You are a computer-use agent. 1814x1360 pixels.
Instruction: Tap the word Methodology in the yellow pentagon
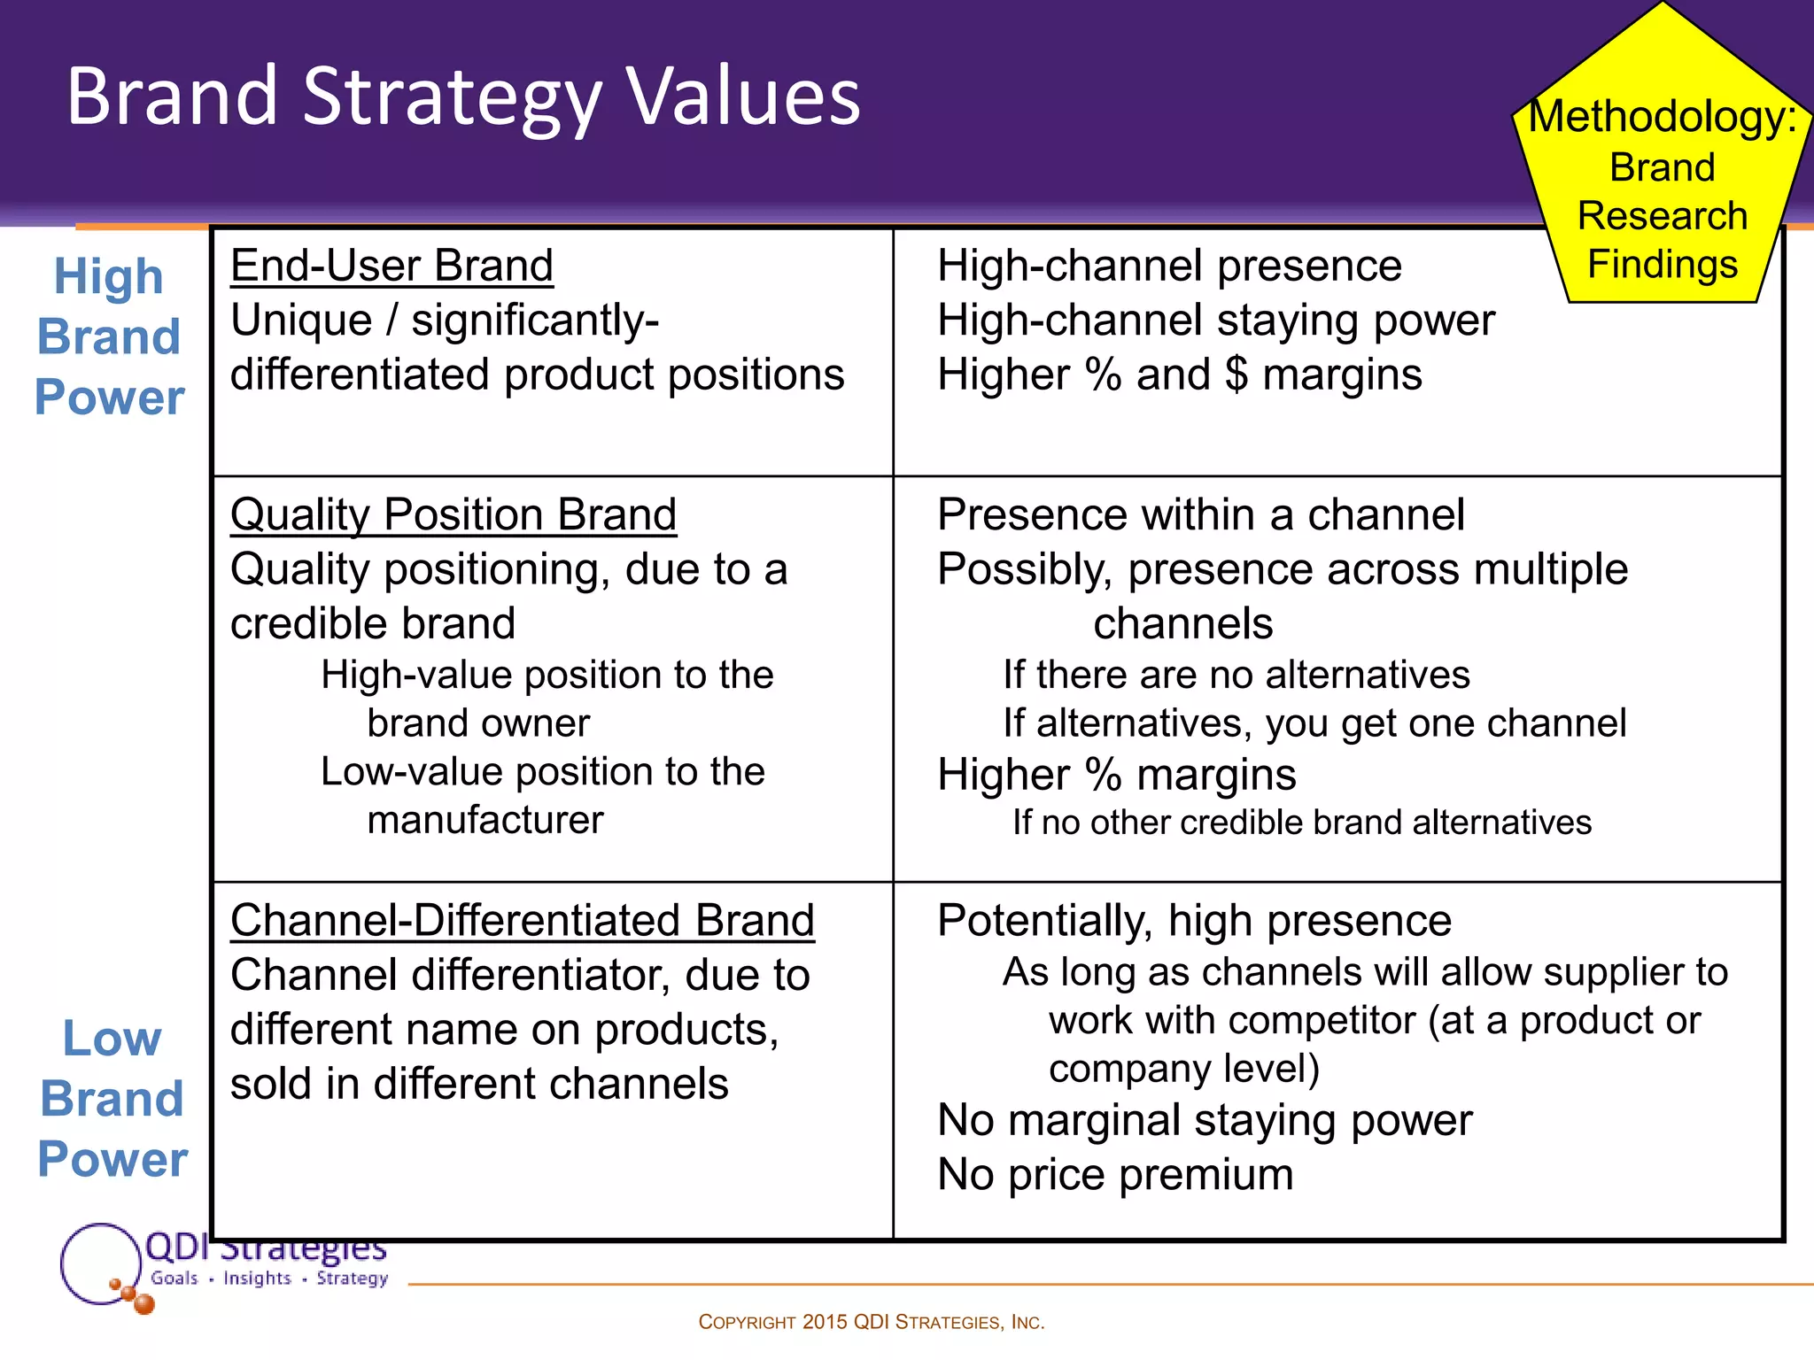pos(1662,117)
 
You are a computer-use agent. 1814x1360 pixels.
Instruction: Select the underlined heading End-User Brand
pos(391,266)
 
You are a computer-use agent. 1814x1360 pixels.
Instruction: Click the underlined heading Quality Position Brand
pos(453,514)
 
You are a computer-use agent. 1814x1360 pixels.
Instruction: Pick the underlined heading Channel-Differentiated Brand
pos(522,921)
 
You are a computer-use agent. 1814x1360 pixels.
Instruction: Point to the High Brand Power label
pos(109,336)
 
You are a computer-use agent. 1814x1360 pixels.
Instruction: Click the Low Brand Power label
pos(112,1099)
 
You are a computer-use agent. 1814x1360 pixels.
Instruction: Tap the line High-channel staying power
pos(1215,321)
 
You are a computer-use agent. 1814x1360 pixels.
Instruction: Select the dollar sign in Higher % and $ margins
pos(1236,375)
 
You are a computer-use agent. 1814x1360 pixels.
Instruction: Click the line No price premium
pos(1115,1175)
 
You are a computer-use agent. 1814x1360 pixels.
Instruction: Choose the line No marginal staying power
pos(1205,1120)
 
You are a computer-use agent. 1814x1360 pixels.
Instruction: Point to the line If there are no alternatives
pos(1236,676)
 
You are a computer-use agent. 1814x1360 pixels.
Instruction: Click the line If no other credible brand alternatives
pos(1301,823)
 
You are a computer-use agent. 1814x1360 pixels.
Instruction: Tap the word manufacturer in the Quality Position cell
pos(485,820)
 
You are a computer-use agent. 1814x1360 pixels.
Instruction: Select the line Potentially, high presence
pos(1194,921)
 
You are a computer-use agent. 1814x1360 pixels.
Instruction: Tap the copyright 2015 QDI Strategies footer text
pos(872,1323)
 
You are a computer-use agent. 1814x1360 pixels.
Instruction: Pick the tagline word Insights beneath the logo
pos(257,1279)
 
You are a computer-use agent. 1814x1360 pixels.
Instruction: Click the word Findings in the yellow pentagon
pos(1662,265)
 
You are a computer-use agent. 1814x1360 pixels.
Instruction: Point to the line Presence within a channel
pos(1200,514)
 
